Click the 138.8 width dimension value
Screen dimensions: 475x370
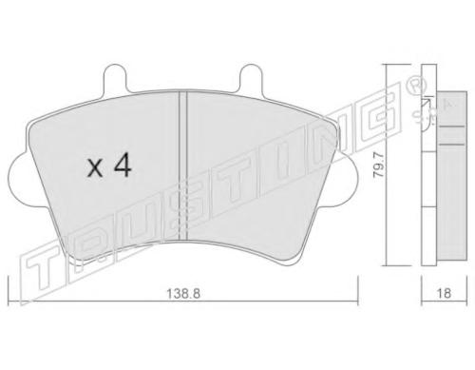pyautogui.click(x=183, y=294)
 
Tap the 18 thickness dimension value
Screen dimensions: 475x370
pyautogui.click(x=444, y=293)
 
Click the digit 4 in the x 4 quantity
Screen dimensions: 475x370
pyautogui.click(x=123, y=165)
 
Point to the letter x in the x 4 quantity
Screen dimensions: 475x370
pyautogui.click(x=95, y=168)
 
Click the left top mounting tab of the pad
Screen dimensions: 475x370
pyautogui.click(x=115, y=78)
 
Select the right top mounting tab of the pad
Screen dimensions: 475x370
pyautogui.click(x=251, y=78)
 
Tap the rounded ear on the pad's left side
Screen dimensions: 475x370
pyautogui.click(x=23, y=180)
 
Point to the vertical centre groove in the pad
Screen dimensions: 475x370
pyautogui.click(x=183, y=166)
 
